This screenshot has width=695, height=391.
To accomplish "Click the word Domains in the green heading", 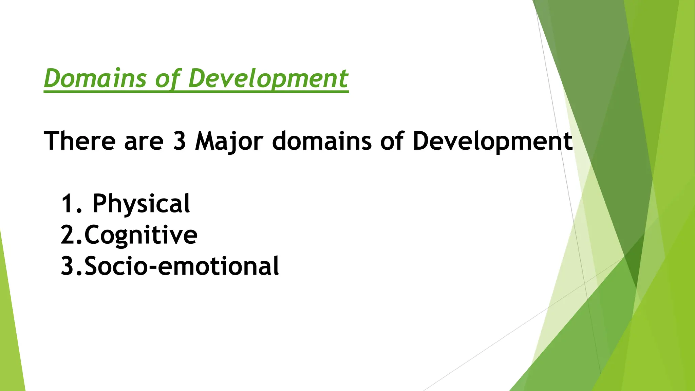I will (x=95, y=78).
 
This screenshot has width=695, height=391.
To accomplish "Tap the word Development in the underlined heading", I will (x=268, y=78).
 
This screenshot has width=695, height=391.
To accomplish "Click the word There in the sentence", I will (x=80, y=141).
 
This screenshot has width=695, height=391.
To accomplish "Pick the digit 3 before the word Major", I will (x=180, y=141).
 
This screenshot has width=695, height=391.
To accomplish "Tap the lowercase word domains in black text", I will (x=322, y=141).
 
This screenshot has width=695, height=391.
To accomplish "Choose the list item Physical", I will (x=141, y=204).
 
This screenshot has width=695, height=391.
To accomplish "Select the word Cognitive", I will (x=140, y=235).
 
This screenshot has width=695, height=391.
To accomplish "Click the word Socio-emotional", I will (x=182, y=266).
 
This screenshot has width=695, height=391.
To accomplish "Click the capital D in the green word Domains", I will (x=53, y=78).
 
